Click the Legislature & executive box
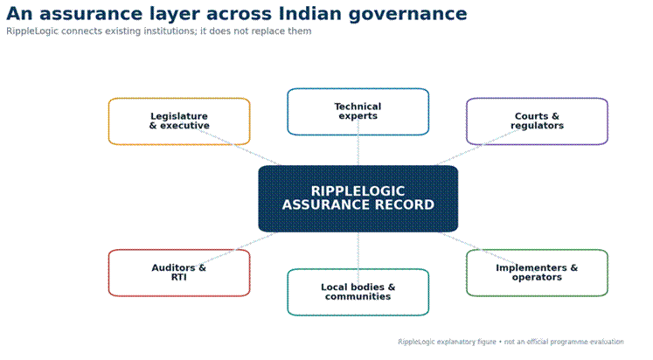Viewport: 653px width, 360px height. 179,121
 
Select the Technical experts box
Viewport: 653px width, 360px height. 358,112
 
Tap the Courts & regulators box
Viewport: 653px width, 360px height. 538,121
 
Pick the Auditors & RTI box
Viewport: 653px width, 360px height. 179,273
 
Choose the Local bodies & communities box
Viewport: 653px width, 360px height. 358,292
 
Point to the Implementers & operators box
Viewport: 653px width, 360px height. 538,273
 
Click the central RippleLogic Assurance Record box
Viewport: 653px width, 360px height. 358,198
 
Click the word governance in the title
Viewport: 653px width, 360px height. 407,15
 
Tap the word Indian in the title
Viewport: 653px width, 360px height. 310,13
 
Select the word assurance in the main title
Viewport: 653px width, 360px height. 91,14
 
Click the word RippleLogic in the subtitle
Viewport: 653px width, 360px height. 32,31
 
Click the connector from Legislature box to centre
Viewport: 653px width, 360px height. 239,147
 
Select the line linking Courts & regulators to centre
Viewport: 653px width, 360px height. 477,147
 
